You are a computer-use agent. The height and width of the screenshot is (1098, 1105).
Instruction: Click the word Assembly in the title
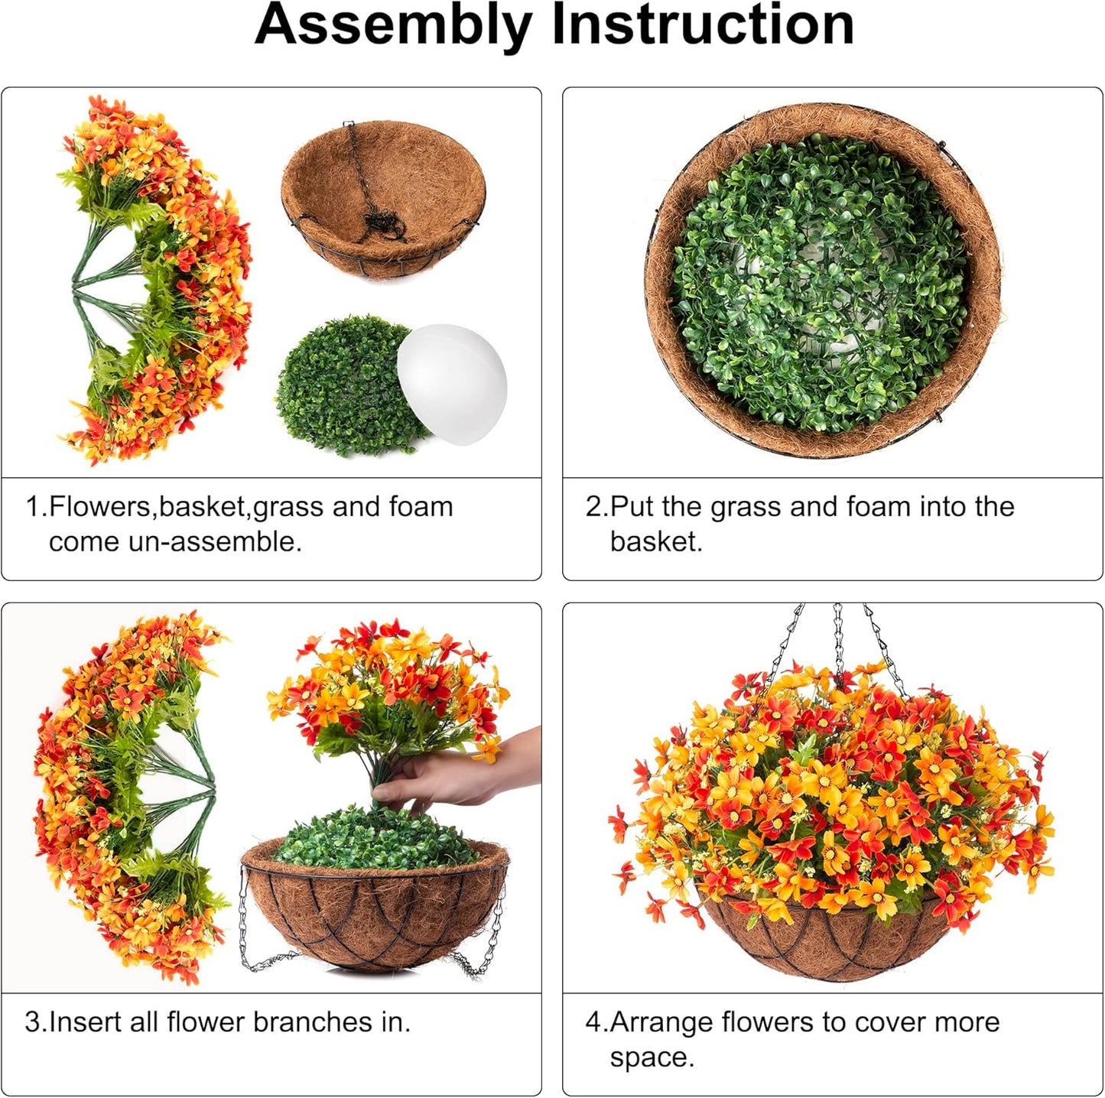pyautogui.click(x=392, y=24)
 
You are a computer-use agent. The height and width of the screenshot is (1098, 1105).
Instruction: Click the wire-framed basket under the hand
pyautogui.click(x=375, y=914)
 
